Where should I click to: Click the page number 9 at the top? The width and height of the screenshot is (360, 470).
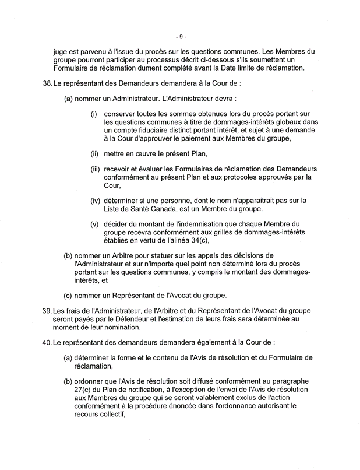click(x=180, y=36)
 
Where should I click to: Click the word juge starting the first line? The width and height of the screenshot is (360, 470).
click(x=61, y=51)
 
